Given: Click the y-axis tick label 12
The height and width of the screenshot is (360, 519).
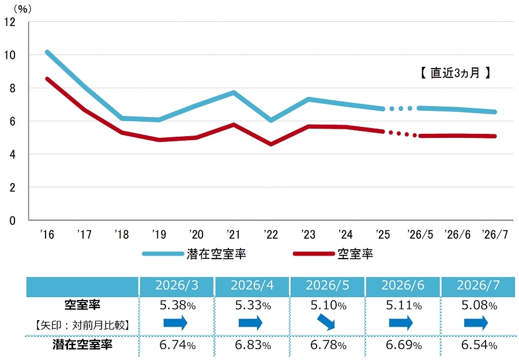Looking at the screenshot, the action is point(10,22).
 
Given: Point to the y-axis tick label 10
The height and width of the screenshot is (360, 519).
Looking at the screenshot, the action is point(10,55).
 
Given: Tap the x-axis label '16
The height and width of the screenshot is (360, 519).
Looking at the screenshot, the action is point(47,234).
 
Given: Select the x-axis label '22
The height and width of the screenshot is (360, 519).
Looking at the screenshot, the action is point(271,234).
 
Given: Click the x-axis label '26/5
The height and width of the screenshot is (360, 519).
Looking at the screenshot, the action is point(420,234).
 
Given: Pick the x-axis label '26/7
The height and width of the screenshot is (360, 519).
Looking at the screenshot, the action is point(495,234).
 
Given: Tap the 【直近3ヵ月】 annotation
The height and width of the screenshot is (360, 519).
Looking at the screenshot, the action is point(455,73).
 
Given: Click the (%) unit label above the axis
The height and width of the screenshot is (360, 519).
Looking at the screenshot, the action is point(22,9).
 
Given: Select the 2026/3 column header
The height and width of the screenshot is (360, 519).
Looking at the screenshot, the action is point(177,285).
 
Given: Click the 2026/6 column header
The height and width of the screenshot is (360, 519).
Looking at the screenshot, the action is point(403,285).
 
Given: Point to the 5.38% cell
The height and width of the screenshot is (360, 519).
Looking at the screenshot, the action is point(178,305).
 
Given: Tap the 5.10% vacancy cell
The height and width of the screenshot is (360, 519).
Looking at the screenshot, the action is point(328,305).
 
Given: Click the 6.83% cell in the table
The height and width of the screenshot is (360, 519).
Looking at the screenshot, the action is point(253,345).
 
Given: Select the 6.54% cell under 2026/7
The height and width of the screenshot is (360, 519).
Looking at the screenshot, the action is point(479,345).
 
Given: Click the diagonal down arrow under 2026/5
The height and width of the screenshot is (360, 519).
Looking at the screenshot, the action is point(326,322).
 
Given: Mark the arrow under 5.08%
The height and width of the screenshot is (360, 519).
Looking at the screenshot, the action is point(476,322).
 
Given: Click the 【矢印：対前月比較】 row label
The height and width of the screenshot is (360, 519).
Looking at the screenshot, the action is point(82,325).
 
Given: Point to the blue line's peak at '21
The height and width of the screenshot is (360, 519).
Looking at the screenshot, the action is point(234,92).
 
